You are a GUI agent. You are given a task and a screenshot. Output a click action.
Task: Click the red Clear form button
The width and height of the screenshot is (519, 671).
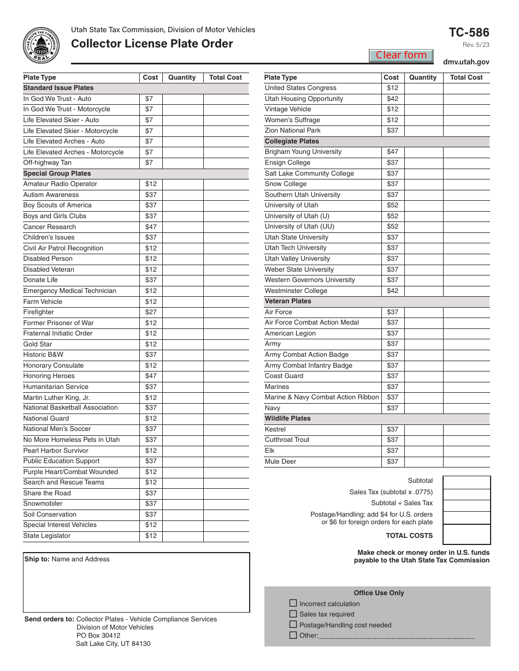pyautogui.click(x=401, y=55)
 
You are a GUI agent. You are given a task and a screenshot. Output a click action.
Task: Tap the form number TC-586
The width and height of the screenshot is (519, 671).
pyautogui.click(x=469, y=32)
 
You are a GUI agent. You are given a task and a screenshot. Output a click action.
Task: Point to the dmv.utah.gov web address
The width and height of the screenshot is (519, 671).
pyautogui.click(x=466, y=63)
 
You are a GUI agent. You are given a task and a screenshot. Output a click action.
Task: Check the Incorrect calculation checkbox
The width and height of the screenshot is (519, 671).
pyautogui.click(x=293, y=603)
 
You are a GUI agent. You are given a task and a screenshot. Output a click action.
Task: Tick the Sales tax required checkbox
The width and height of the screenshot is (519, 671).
pyautogui.click(x=293, y=614)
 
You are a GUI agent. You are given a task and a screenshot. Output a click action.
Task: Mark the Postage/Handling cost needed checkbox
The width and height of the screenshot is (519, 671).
pyautogui.click(x=293, y=625)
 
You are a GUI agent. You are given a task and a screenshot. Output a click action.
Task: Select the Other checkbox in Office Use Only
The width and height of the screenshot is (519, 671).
pyautogui.click(x=293, y=635)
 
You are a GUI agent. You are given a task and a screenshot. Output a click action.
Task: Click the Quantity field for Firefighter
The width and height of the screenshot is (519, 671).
pyautogui.click(x=183, y=312)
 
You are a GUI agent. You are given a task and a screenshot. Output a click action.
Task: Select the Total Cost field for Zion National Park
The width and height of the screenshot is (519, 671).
pyautogui.click(x=466, y=131)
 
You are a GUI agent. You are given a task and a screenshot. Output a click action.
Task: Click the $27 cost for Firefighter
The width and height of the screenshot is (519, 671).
pyautogui.click(x=151, y=312)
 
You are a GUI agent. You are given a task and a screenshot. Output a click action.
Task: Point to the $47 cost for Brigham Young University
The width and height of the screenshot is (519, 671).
pyautogui.click(x=392, y=152)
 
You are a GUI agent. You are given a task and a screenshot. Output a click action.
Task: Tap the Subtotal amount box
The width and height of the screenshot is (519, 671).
pyautogui.click(x=466, y=482)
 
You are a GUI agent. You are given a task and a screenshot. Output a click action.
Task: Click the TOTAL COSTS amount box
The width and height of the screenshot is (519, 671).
pyautogui.click(x=466, y=535)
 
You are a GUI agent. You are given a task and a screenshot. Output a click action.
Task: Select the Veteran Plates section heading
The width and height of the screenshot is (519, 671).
pyautogui.click(x=288, y=301)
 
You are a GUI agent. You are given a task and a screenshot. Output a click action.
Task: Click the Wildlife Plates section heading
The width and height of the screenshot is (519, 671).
pyautogui.click(x=288, y=418)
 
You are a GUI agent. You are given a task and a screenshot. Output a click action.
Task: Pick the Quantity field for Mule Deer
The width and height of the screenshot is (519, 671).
pyautogui.click(x=423, y=462)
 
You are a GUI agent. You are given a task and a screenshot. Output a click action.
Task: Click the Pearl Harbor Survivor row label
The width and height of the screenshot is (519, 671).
pyautogui.click(x=56, y=451)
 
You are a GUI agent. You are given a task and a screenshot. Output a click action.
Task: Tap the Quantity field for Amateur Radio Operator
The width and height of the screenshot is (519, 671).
pyautogui.click(x=183, y=184)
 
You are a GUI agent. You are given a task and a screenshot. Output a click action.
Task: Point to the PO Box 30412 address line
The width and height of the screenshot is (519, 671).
pyautogui.click(x=98, y=636)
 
